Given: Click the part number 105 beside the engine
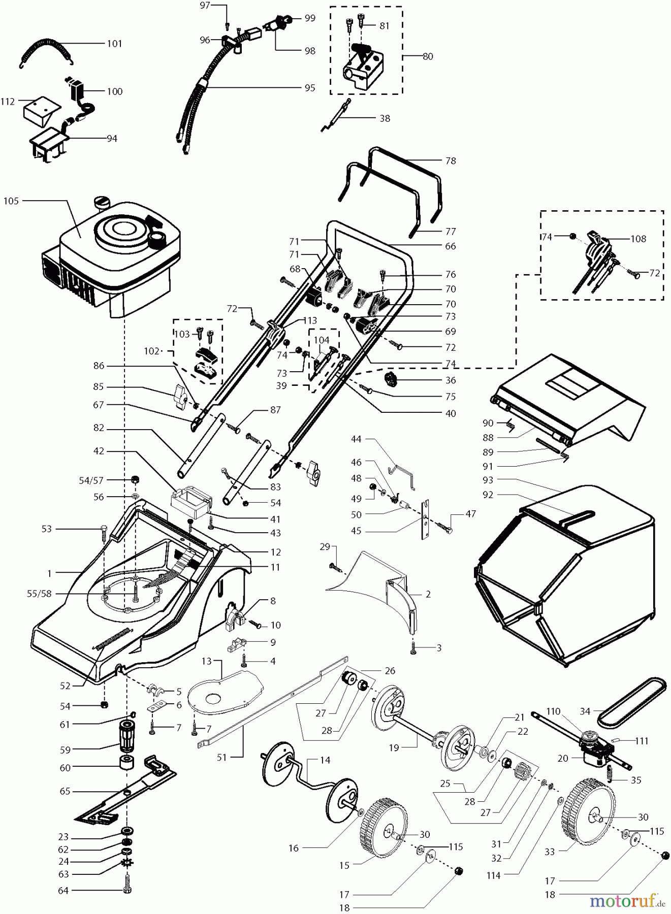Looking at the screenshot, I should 11,201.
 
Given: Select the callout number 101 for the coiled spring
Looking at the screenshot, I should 115,44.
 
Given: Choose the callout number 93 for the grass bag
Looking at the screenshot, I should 488,480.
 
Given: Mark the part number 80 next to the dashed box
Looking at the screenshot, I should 428,56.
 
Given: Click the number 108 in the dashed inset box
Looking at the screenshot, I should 638,239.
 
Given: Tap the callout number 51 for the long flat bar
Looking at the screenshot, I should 221,758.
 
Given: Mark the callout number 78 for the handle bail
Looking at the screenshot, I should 450,161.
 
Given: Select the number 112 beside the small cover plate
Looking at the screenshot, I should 8,102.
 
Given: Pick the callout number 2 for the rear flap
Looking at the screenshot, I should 428,594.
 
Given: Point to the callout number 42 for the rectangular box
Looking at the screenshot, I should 98,451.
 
